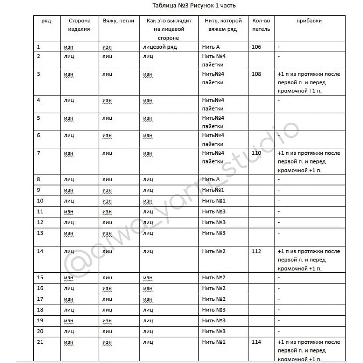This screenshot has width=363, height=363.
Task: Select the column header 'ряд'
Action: (46, 21)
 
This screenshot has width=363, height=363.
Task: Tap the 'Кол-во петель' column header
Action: (261, 25)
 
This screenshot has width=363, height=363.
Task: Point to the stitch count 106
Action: (256, 47)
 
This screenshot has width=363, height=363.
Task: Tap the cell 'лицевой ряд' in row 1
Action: (160, 47)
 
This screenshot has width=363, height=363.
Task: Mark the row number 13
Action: (40, 233)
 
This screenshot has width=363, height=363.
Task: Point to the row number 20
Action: (40, 331)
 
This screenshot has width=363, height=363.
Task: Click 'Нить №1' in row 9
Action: (214, 190)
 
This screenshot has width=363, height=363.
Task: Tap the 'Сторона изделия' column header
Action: (79, 25)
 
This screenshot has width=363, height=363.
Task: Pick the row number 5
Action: (39, 118)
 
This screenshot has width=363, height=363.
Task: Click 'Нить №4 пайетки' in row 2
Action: (214, 60)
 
